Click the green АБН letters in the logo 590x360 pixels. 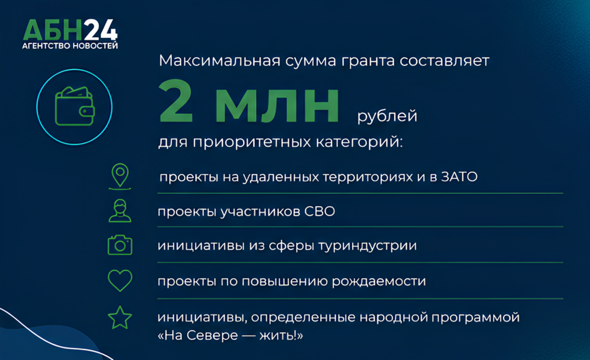53,30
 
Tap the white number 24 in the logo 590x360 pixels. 100,30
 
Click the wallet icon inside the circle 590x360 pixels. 74,107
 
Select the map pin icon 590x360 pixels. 120,176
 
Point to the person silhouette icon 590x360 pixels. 120,211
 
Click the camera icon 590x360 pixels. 120,245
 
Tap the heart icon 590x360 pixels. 120,281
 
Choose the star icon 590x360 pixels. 120,317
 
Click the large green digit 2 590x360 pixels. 176,101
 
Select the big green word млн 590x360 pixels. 277,106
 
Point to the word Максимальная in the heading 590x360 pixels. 220,60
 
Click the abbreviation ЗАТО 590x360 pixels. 459,177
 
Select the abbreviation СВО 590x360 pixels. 319,211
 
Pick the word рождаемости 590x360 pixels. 379,282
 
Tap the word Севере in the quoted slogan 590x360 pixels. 212,335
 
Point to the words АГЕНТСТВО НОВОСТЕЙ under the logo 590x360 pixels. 70,46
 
